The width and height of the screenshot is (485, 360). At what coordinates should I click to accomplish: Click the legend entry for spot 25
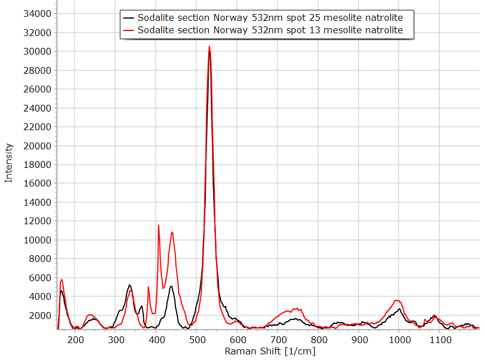click(x=270, y=17)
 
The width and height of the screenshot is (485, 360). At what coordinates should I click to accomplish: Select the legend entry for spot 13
click(x=270, y=30)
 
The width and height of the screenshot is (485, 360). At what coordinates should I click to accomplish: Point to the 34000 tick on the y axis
click(x=39, y=14)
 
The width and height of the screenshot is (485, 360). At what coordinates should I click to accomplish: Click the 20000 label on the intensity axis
click(x=39, y=146)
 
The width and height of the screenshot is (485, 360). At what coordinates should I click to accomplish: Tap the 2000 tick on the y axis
click(x=42, y=315)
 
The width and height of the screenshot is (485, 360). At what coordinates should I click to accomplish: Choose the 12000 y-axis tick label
click(x=39, y=221)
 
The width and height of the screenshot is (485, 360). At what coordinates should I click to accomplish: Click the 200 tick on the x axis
click(x=75, y=340)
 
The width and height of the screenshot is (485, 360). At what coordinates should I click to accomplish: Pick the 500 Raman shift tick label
click(x=197, y=340)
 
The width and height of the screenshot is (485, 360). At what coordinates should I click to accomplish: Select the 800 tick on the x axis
click(x=319, y=340)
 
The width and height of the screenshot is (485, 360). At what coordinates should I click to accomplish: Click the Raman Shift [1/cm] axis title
click(x=270, y=351)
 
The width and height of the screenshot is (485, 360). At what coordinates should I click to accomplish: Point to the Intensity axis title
click(x=8, y=163)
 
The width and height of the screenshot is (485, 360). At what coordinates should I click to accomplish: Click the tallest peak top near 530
click(x=209, y=46)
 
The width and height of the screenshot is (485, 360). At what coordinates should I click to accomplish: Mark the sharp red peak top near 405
click(x=158, y=225)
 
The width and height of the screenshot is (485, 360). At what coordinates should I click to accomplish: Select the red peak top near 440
click(x=172, y=232)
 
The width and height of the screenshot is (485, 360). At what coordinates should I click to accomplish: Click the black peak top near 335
click(x=130, y=285)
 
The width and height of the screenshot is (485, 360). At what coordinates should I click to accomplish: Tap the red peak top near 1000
click(x=398, y=300)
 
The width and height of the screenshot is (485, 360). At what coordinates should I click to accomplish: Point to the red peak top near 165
click(x=61, y=279)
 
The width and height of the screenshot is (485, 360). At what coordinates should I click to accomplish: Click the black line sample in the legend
click(x=129, y=17)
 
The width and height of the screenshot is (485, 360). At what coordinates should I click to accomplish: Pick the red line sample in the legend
click(x=129, y=30)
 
